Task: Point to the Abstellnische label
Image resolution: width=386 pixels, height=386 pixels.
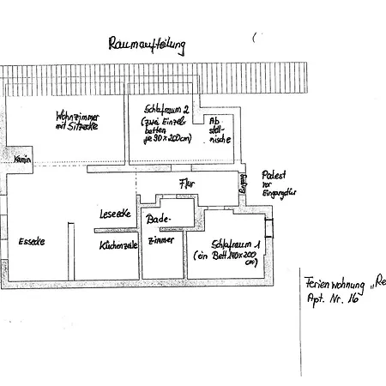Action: point(217,131)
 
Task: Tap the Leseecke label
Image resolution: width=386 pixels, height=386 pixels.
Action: point(114,214)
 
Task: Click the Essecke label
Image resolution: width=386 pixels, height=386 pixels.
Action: point(31,241)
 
